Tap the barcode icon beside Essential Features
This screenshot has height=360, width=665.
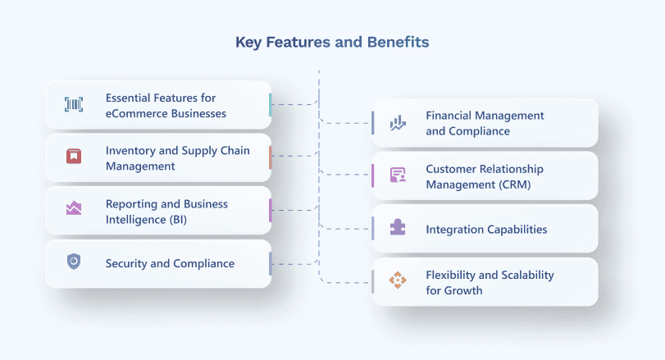(x=74, y=104)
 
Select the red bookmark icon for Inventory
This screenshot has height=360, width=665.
(x=74, y=157)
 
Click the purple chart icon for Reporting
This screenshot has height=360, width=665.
(x=74, y=209)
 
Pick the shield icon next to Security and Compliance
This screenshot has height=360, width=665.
(x=74, y=262)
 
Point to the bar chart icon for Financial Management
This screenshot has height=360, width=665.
(x=398, y=123)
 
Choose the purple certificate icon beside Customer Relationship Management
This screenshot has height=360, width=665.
(x=398, y=175)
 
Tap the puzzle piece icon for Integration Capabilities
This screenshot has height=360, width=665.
(x=398, y=228)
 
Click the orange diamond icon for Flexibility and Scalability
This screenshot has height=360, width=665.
(x=398, y=281)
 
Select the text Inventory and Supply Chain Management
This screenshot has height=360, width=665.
(x=177, y=158)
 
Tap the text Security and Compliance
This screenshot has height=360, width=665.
(x=170, y=263)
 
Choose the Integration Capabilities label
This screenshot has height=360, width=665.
(x=486, y=229)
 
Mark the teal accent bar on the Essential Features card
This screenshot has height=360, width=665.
(x=270, y=104)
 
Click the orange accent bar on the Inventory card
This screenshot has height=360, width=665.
(x=270, y=157)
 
